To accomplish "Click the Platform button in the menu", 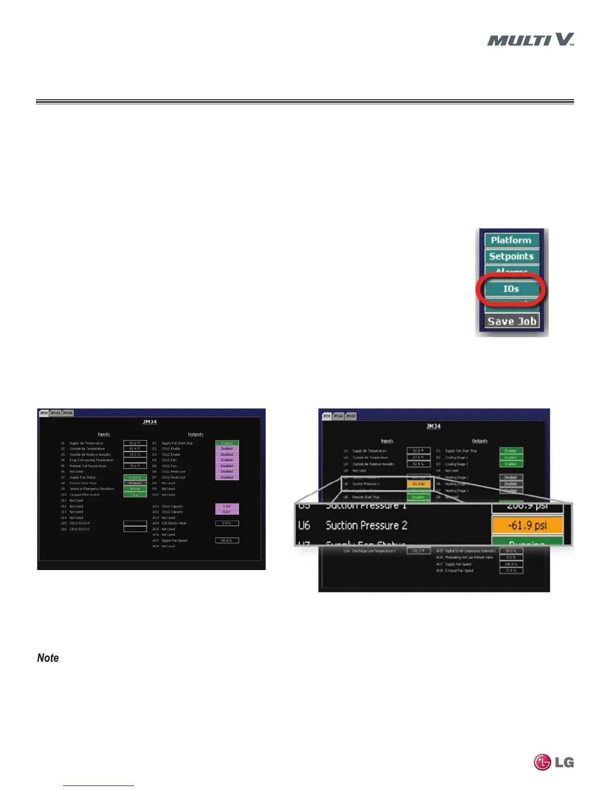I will [x=511, y=240].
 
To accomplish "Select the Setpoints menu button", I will [x=511, y=256].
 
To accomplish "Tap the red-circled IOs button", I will [x=511, y=289].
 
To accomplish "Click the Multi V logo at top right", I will [x=530, y=40].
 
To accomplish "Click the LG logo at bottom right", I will [x=554, y=762].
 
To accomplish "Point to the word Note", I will [x=48, y=658].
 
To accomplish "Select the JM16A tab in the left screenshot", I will [x=55, y=413].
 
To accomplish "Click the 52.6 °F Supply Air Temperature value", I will [x=135, y=443].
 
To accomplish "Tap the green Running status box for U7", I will [x=135, y=477].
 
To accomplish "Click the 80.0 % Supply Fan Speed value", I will [x=227, y=540].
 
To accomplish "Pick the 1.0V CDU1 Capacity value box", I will [x=227, y=506].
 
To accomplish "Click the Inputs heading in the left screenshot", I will [x=104, y=434].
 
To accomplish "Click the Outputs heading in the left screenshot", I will [x=195, y=434].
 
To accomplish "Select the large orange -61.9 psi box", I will [x=527, y=526].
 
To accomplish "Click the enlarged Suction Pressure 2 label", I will [x=366, y=526].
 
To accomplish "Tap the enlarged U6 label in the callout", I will [x=304, y=526].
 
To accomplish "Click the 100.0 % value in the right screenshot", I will [x=511, y=564].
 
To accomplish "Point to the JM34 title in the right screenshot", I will [x=433, y=426].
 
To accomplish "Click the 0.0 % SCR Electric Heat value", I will [x=227, y=523].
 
